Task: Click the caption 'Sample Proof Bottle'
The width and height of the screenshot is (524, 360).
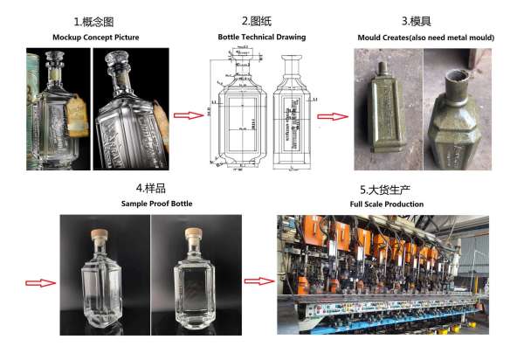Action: click(x=152, y=203)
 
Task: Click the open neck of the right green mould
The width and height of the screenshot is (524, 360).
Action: click(x=457, y=85)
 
